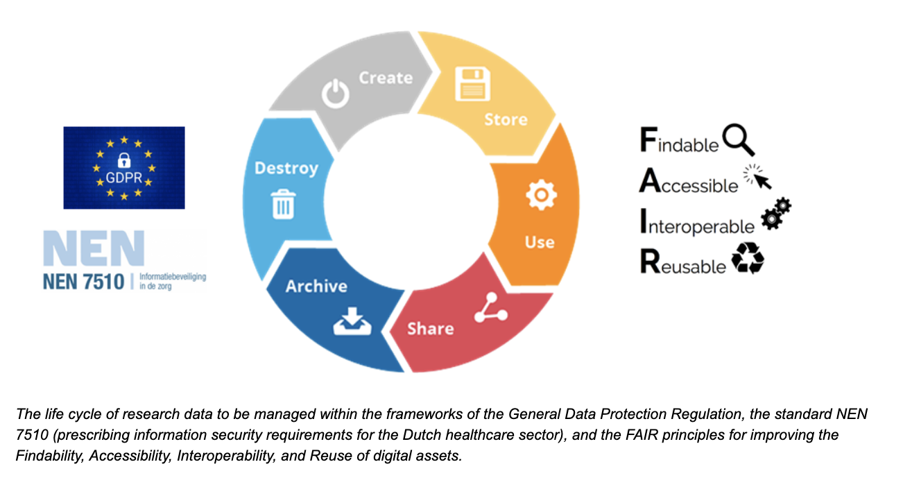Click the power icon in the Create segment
pyautogui.click(x=336, y=93)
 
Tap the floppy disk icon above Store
pyautogui.click(x=472, y=83)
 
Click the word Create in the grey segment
pyautogui.click(x=386, y=78)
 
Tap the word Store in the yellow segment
pyautogui.click(x=505, y=119)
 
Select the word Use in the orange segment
pyautogui.click(x=540, y=242)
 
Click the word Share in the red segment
pyautogui.click(x=430, y=328)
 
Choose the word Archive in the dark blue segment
pyautogui.click(x=316, y=286)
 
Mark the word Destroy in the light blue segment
pyautogui.click(x=286, y=168)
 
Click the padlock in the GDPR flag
pyautogui.click(x=124, y=160)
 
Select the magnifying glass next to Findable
pyautogui.click(x=738, y=139)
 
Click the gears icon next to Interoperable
pyautogui.click(x=775, y=214)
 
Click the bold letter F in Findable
pyautogui.click(x=647, y=140)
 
